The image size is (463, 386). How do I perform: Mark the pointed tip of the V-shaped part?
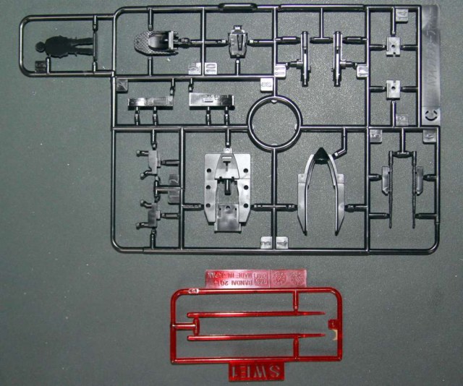(x=318, y=150)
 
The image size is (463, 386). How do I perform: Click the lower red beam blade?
(x=253, y=338)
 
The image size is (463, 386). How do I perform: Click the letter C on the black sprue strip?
(x=430, y=114)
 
